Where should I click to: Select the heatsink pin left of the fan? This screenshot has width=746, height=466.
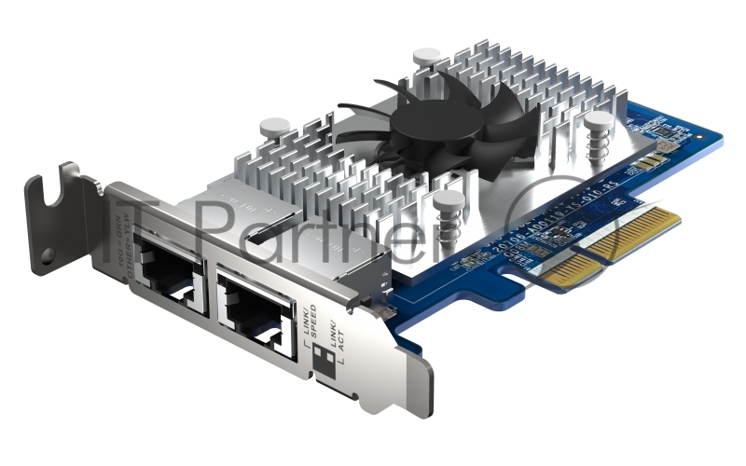[272, 126]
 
